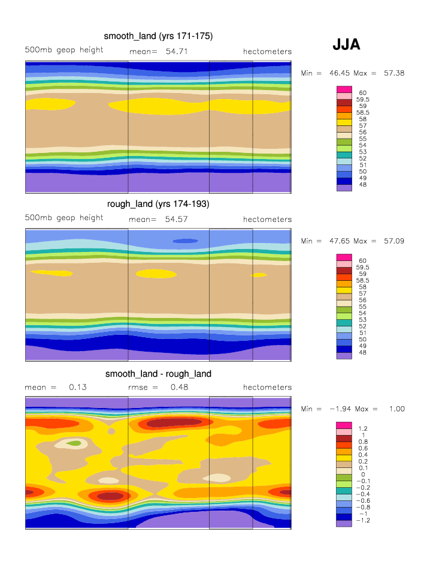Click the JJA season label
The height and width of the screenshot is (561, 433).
pos(346,45)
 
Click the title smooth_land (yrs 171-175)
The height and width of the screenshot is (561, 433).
pos(158,36)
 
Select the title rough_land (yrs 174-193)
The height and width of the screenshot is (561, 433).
pos(158,204)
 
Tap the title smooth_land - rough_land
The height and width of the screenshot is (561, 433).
pos(158,374)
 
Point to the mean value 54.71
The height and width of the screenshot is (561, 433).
pos(177,52)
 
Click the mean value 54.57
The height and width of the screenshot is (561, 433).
pos(177,220)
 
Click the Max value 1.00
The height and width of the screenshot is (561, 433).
pos(394,409)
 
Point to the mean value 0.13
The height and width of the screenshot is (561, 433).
pos(78,388)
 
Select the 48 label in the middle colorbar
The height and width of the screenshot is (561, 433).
pos(363,353)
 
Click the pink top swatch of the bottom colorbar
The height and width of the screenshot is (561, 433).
pos(344,425)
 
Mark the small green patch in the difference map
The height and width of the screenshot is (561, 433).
pos(74,443)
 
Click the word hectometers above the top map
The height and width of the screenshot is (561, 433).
pos(267,52)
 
